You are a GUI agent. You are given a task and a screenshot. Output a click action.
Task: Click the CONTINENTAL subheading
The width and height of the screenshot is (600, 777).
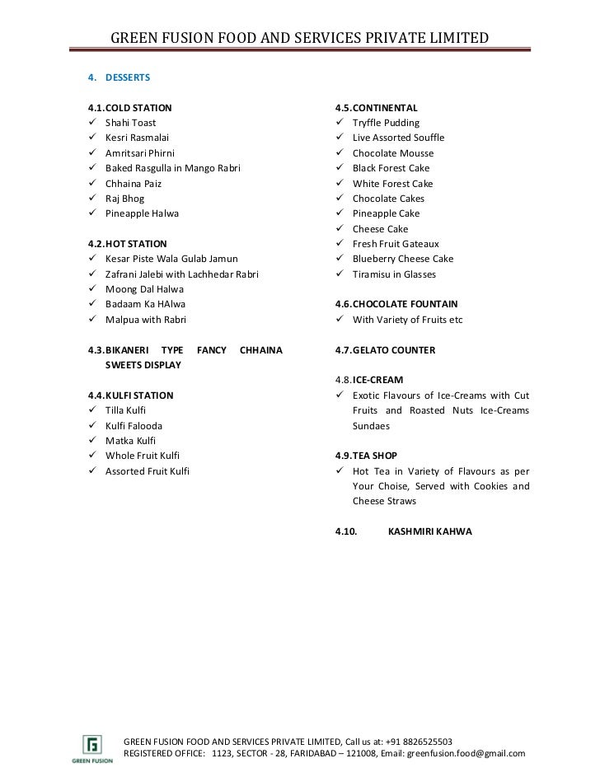pyautogui.click(x=385, y=108)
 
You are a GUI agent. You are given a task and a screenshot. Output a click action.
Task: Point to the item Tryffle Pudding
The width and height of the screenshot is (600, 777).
pyautogui.click(x=386, y=123)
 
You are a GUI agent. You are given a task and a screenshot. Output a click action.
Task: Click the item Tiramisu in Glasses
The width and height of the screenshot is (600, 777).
pyautogui.click(x=394, y=274)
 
